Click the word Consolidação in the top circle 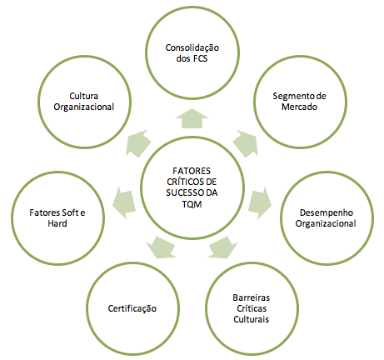192,48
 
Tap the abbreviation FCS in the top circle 199,59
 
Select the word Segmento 292,97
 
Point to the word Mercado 299,107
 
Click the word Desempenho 327,213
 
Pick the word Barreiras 252,297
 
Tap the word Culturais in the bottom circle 252,319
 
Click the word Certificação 132,309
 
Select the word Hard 57,223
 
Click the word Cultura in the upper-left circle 83,96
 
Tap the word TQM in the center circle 192,204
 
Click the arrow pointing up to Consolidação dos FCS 192,118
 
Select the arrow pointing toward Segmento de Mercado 245,143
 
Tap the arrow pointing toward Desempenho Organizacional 259,203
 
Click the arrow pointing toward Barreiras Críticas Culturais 222,247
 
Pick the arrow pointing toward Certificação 161,247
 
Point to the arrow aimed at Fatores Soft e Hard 124,203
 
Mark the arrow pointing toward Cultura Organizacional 138,143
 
